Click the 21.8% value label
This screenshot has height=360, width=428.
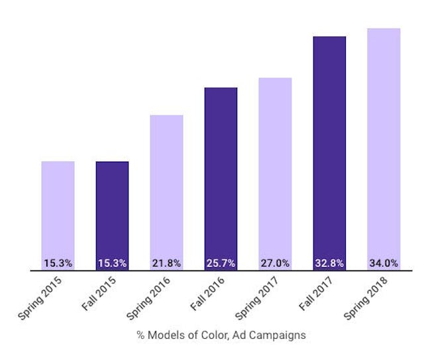pyautogui.click(x=166, y=263)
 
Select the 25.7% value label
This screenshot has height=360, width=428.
pyautogui.click(x=221, y=263)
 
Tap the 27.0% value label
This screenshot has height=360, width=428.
pyautogui.click(x=275, y=263)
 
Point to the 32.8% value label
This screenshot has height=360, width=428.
pyautogui.click(x=329, y=263)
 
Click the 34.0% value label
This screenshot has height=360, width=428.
pyautogui.click(x=384, y=263)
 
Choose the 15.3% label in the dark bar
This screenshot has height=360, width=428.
pyautogui.click(x=112, y=263)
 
